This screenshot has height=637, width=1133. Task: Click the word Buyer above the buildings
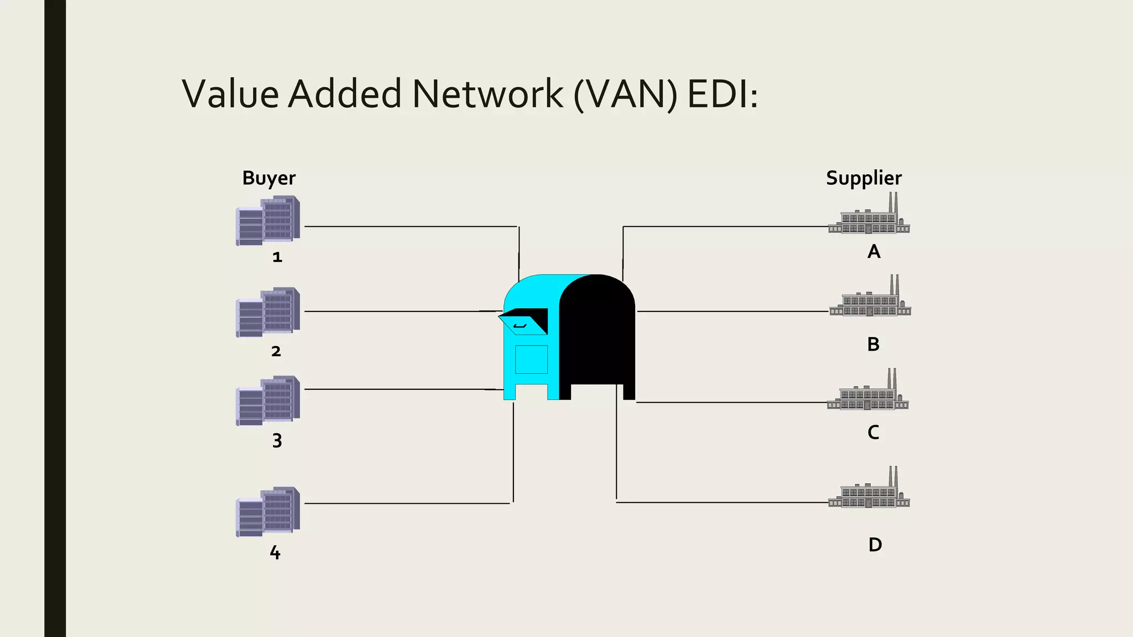pos(269,178)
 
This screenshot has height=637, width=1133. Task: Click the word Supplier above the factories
pos(864,178)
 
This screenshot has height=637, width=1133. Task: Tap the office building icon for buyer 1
pos(268,221)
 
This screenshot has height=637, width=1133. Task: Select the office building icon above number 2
pos(268,312)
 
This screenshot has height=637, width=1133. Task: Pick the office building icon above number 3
pos(268,400)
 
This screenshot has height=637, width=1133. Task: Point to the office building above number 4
pos(268,511)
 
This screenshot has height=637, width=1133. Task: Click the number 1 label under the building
pos(277,257)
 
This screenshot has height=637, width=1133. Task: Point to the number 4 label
pos(275,552)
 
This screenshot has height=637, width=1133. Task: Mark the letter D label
pos(875,545)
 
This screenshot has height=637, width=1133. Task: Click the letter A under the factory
pos(874,252)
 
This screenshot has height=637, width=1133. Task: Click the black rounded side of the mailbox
pos(597,332)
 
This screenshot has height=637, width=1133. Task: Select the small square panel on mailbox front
pos(531,359)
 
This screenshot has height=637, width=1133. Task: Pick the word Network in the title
pos(487,93)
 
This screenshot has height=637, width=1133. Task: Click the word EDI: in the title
pos(723,93)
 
